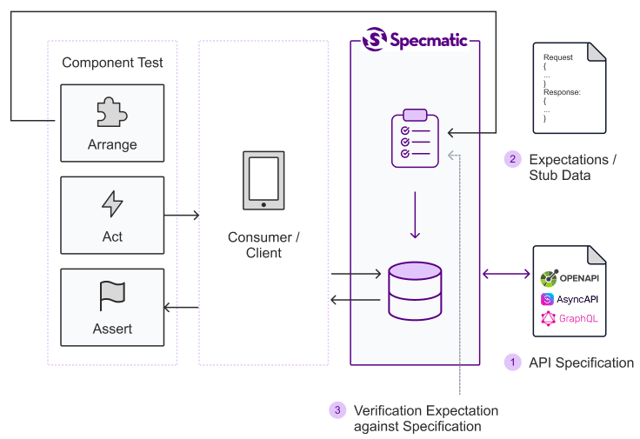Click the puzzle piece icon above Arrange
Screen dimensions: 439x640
coord(112,113)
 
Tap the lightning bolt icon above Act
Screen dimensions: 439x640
coord(112,204)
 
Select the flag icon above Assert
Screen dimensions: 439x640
coord(112,296)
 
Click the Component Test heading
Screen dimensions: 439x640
coord(112,63)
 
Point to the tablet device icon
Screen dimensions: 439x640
coord(263,181)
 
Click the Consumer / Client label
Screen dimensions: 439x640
coord(263,245)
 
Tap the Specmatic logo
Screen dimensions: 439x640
coord(416,39)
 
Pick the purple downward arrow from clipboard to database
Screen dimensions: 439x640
coord(415,215)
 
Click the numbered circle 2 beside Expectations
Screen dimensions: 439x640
coord(513,159)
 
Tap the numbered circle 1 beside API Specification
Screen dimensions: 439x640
coord(513,363)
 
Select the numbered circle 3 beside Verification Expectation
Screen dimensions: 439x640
coord(337,410)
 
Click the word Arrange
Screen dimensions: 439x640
coord(112,144)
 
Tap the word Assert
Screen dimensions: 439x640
coord(112,329)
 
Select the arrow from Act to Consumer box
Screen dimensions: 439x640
coord(182,215)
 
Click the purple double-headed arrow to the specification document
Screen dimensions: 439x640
coord(506,274)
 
